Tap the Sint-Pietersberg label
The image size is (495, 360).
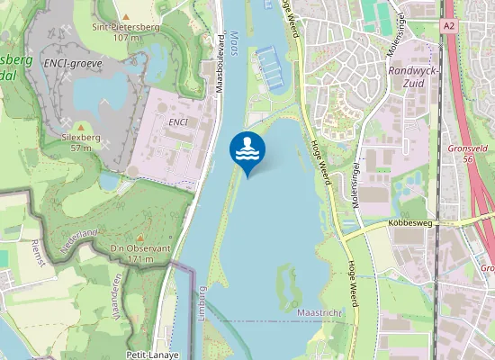pos(127,26)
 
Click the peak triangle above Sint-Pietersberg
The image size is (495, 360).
pos(127,15)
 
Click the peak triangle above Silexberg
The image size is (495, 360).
pos(82,126)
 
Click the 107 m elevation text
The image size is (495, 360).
pos(127,38)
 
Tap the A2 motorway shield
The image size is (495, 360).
pos(448,27)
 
